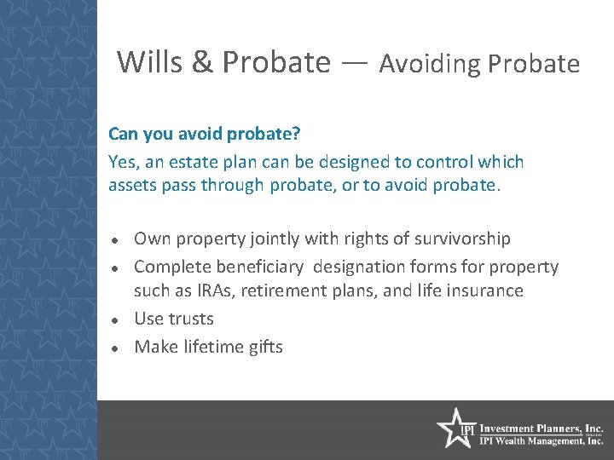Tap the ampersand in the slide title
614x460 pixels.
point(202,62)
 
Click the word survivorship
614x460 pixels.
point(463,239)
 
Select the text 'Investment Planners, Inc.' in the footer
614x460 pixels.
point(542,428)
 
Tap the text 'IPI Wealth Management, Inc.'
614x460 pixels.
point(542,441)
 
